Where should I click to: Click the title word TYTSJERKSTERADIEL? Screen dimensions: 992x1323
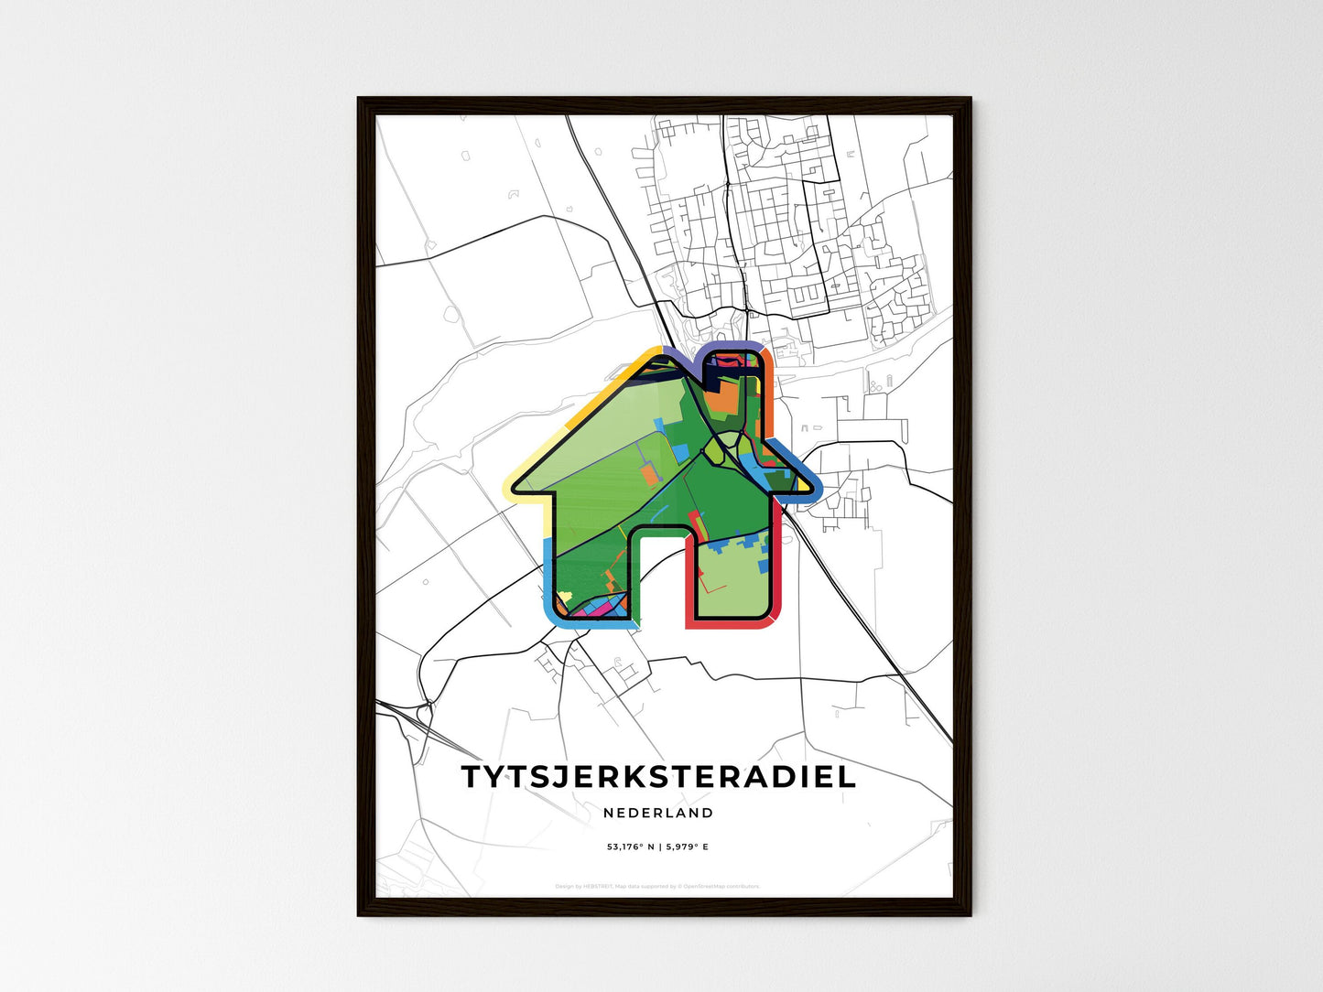pos(658,776)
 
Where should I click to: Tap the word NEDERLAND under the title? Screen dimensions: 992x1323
pos(658,813)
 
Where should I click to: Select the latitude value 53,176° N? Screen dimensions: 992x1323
pos(631,847)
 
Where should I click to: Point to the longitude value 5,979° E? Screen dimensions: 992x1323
pos(688,847)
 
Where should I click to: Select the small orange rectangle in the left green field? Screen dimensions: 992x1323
pos(649,474)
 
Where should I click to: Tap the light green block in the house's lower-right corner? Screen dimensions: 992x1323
pos(732,586)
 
